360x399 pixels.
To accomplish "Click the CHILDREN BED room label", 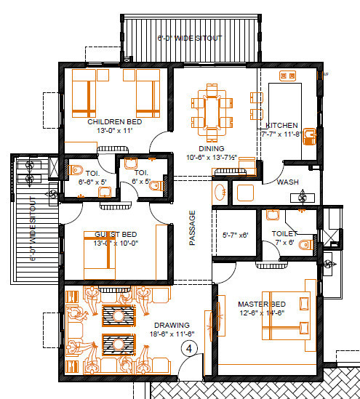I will [114, 122].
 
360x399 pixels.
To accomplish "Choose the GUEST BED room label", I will [116, 234].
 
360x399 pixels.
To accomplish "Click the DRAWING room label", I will [171, 325].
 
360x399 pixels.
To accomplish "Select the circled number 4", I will [190, 349].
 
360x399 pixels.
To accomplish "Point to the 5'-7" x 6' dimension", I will [235, 235].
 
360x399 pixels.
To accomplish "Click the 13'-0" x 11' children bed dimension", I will [114, 132].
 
